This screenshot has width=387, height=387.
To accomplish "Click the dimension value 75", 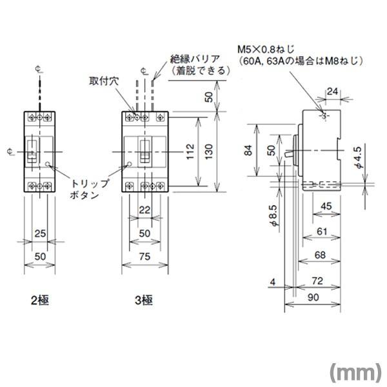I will [144, 257].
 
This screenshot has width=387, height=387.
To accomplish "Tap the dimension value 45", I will [326, 206].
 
